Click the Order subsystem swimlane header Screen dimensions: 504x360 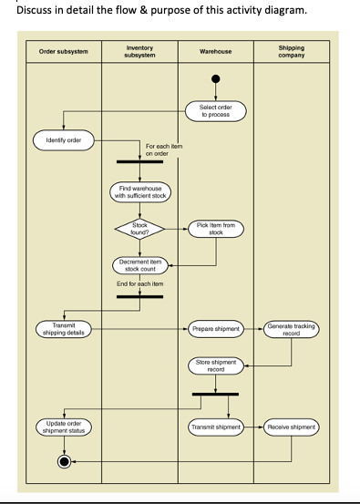click(64, 52)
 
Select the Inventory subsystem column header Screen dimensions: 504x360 click(139, 52)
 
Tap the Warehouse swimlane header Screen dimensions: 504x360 click(215, 52)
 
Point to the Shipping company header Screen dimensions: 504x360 click(292, 52)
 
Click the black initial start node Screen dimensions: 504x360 click(216, 79)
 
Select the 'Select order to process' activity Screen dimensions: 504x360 click(216, 111)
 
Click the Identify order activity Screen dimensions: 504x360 click(64, 140)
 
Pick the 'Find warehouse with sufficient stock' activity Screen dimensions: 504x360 click(139, 191)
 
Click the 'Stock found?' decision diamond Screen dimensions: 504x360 click(139, 229)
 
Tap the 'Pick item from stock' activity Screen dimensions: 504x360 click(216, 229)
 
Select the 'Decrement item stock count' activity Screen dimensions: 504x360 click(139, 265)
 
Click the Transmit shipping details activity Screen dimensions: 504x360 click(64, 328)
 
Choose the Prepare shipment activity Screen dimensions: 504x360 click(216, 328)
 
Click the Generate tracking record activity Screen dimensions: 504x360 click(292, 328)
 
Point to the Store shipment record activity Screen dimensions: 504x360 click(216, 365)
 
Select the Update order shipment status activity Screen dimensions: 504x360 click(64, 427)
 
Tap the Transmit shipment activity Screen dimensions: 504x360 click(216, 427)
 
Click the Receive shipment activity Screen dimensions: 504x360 click(292, 427)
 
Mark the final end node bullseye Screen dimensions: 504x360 click(64, 461)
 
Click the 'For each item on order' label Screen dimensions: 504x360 click(164, 149)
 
